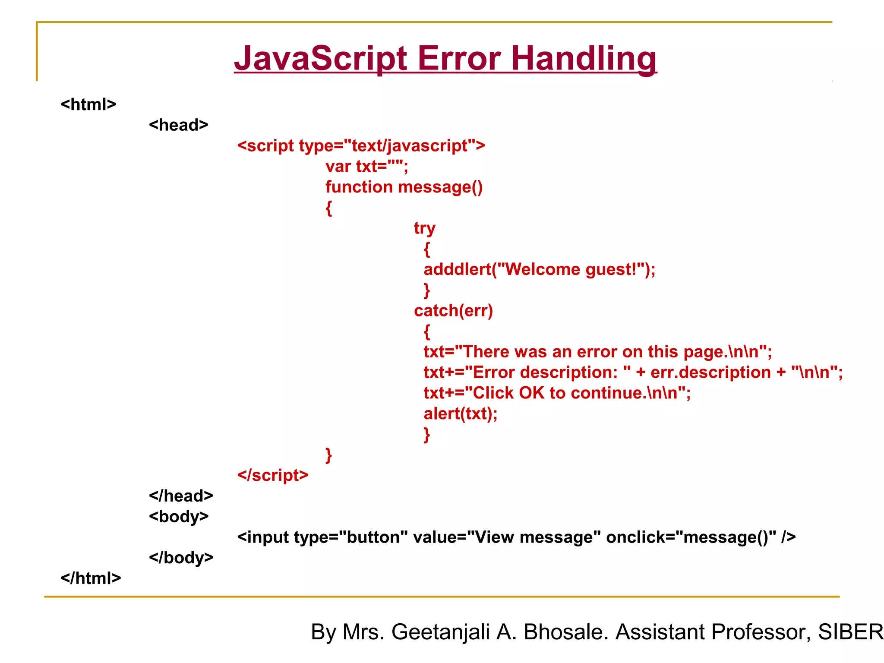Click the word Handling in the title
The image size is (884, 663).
click(x=584, y=59)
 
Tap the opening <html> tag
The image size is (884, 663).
click(x=88, y=104)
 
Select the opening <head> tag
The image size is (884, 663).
click(x=179, y=125)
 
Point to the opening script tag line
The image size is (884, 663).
click(x=361, y=146)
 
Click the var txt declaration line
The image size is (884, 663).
click(x=366, y=166)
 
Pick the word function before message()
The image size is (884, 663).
click(x=359, y=187)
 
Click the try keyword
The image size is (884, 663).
click(x=424, y=228)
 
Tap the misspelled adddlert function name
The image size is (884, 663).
click(x=458, y=269)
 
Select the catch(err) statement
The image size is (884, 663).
click(x=453, y=311)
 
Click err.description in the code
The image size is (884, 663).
click(x=710, y=373)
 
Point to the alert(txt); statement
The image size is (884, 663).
click(x=460, y=414)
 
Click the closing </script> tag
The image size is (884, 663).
click(x=273, y=475)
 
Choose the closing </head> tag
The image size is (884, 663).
click(x=181, y=496)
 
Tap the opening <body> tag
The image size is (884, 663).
click(x=179, y=517)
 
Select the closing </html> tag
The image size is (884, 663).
click(x=91, y=578)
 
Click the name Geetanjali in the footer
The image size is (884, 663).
click(x=440, y=632)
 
